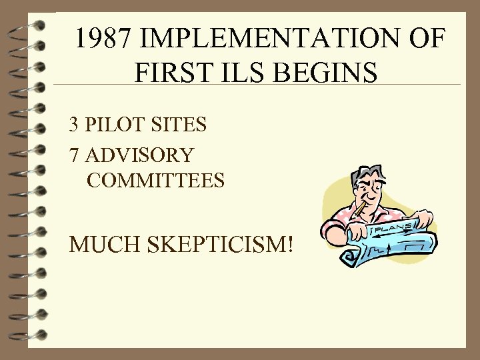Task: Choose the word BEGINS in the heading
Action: click(x=332, y=71)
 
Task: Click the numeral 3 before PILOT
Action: click(x=74, y=124)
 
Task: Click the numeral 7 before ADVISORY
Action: click(x=74, y=155)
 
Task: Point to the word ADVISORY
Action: click(x=140, y=155)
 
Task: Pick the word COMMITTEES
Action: click(x=155, y=180)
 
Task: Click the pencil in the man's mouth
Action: click(x=360, y=213)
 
